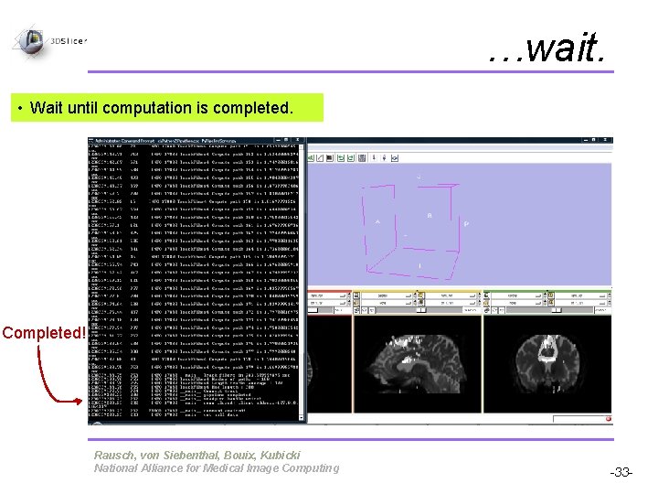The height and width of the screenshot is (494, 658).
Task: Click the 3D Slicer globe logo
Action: [31, 39]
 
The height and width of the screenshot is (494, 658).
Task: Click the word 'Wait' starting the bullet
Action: [47, 108]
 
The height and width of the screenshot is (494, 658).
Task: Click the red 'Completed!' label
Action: [43, 332]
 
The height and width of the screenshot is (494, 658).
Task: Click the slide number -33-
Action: [621, 472]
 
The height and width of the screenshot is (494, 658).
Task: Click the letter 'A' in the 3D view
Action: [377, 221]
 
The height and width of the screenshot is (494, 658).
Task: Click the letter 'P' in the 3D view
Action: [465, 223]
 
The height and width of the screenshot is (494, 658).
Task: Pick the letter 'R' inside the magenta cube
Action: [429, 216]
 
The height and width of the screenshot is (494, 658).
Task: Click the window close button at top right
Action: [606, 142]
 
